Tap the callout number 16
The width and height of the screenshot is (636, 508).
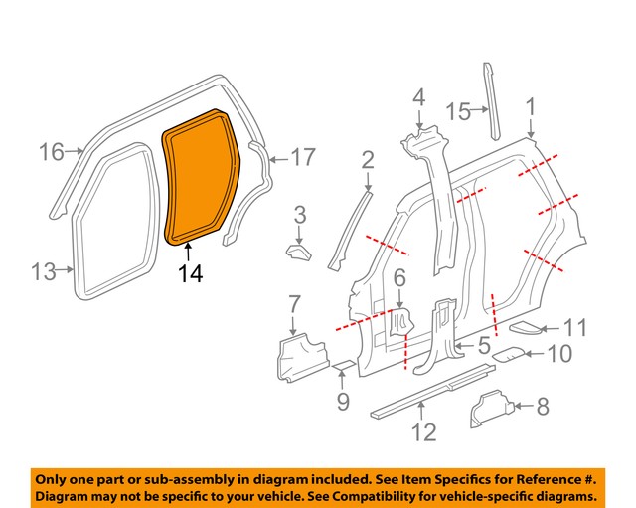[x=51, y=152]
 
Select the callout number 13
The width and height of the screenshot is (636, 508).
[x=43, y=271]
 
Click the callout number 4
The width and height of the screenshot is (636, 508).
[x=418, y=98]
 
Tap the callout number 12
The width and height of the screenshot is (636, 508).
[x=424, y=432]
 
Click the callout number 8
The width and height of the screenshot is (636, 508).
[x=542, y=406]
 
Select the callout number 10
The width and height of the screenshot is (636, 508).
[x=559, y=352]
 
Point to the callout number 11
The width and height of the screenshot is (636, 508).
[x=575, y=327]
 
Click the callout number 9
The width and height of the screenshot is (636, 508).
[x=341, y=401]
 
